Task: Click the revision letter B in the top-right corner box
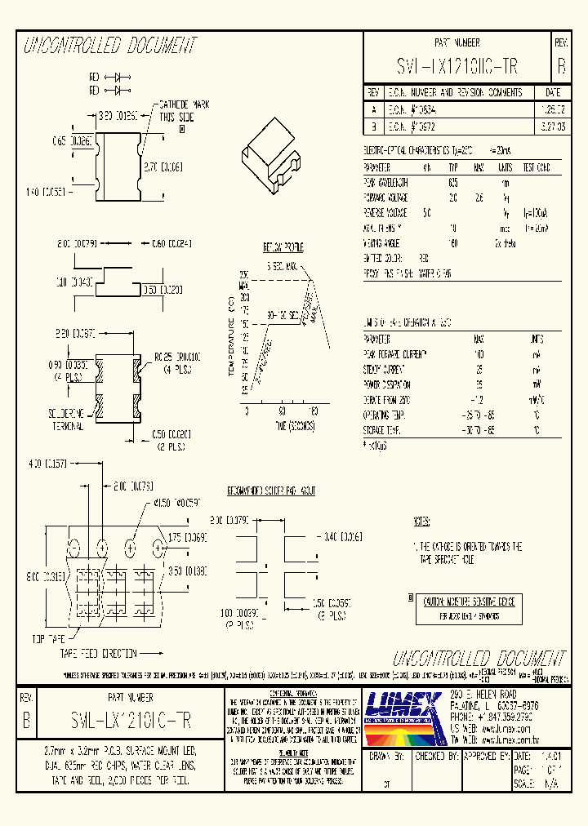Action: tap(560, 66)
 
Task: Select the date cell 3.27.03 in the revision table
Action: tap(551, 128)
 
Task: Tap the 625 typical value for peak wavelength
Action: tap(453, 183)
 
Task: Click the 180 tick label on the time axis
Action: tap(314, 412)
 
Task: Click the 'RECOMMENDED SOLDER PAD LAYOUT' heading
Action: tap(272, 491)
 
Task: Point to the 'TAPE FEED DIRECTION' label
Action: tap(97, 654)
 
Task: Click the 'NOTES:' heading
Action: tap(421, 520)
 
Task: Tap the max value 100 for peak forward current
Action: tap(478, 354)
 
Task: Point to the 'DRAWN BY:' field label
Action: tap(388, 757)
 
